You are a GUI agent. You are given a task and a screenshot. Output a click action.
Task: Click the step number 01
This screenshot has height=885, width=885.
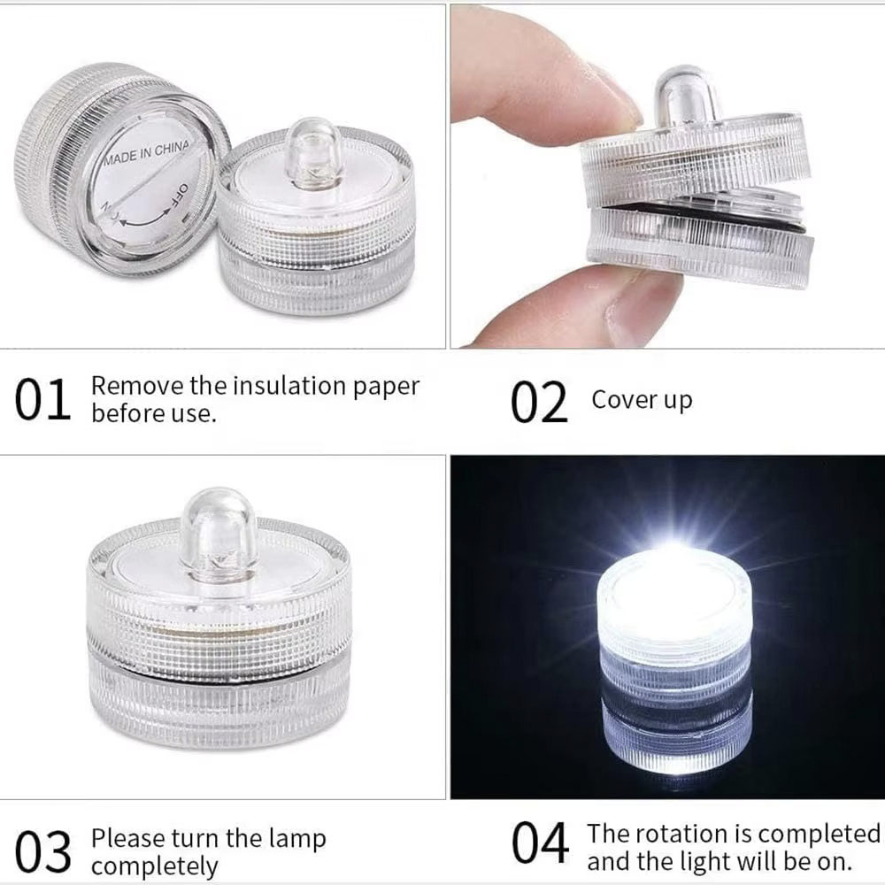[42, 401]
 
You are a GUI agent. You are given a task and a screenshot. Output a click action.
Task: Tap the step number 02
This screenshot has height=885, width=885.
[538, 403]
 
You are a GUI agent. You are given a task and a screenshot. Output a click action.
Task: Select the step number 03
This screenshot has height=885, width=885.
[42, 852]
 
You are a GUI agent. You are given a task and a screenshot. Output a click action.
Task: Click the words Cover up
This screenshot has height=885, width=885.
[642, 399]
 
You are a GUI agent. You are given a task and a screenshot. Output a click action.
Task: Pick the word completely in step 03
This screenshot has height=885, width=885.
[155, 866]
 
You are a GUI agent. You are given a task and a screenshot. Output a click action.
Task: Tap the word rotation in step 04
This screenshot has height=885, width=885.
[678, 834]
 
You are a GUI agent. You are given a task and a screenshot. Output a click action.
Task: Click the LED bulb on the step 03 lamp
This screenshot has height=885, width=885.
[218, 531]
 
